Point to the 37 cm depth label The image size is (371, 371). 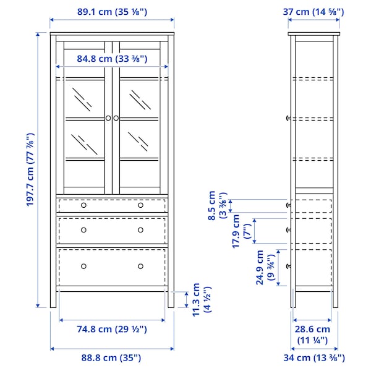[313, 12]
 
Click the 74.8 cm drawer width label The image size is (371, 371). [111, 329]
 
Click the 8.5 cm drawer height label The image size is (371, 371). [216, 205]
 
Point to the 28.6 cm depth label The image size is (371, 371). [312, 335]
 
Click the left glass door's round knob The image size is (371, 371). [108, 117]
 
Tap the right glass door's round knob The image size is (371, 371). [116, 117]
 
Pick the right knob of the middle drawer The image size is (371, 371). [140, 229]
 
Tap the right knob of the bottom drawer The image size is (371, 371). [140, 266]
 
